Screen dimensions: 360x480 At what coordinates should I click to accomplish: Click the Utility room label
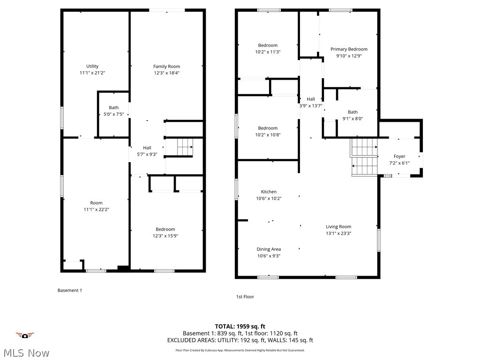click(92, 66)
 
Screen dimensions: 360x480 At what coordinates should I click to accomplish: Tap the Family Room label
click(166, 66)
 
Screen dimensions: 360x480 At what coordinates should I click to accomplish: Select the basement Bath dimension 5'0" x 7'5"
click(113, 114)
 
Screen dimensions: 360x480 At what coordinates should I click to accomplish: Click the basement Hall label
click(147, 148)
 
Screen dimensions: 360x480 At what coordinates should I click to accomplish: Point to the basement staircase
click(185, 147)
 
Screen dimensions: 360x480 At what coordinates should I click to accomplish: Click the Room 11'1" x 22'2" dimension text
click(96, 210)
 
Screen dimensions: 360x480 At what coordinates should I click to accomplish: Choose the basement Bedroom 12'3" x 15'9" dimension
click(165, 236)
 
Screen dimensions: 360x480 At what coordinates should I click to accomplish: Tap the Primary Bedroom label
click(349, 49)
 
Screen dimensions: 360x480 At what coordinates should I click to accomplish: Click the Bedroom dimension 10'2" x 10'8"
click(268, 135)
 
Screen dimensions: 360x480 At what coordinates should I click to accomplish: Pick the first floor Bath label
click(352, 112)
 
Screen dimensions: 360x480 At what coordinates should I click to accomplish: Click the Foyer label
click(399, 157)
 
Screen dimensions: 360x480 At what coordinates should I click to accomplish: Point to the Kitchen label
click(269, 191)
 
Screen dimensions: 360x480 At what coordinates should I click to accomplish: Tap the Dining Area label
click(269, 249)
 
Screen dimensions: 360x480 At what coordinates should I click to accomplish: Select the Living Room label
click(338, 226)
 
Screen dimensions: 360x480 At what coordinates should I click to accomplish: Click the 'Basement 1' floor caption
click(69, 290)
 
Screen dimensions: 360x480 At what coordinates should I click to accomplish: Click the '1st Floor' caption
click(245, 297)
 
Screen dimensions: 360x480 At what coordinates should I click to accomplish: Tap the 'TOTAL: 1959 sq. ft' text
click(240, 326)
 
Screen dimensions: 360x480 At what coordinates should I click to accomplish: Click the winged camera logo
click(25, 335)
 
